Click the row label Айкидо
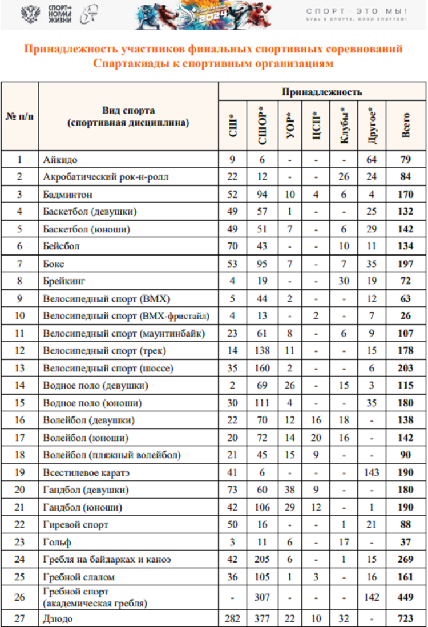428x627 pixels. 60,160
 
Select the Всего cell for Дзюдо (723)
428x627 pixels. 406,618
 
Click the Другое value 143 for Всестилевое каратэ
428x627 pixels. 372,473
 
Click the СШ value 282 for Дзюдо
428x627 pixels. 232,618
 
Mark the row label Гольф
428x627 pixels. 57,543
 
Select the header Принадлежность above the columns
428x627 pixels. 322,92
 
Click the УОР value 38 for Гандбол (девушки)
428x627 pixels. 290,490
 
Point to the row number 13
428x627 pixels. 19,369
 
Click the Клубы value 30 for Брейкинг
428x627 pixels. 344,281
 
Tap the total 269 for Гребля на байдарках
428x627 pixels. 406,560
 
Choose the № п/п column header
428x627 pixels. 19,116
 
